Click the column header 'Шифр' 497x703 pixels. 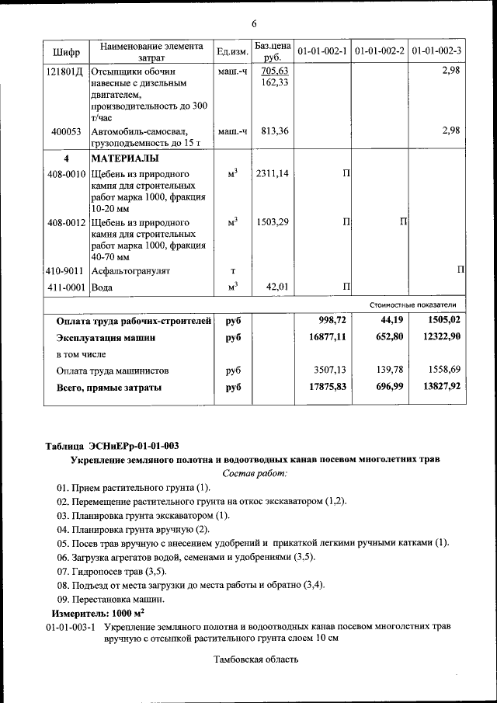(x=66, y=52)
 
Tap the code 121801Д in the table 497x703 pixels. (x=65, y=71)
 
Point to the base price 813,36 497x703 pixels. (x=272, y=131)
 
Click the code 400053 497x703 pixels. (x=67, y=131)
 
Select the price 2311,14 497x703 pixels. (x=272, y=174)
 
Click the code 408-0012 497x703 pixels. (x=65, y=223)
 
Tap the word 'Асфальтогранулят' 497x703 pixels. (x=130, y=271)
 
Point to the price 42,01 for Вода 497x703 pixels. (x=277, y=287)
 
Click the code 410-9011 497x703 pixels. (x=65, y=271)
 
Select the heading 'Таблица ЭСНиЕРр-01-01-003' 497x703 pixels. (x=112, y=445)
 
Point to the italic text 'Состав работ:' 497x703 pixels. (x=255, y=472)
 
